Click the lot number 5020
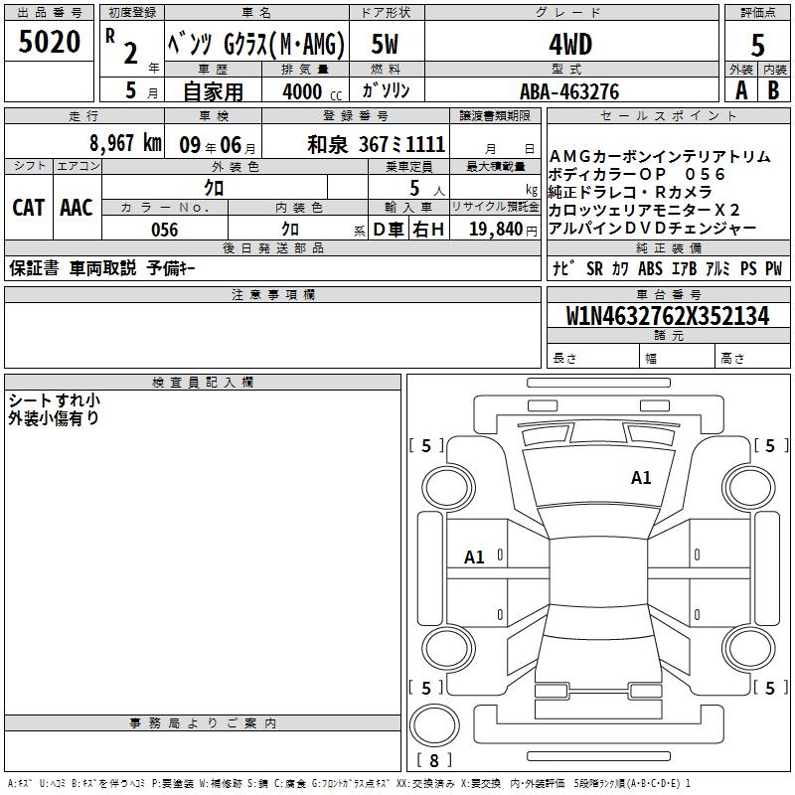[x=50, y=42]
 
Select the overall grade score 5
[x=757, y=45]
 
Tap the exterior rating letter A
[x=741, y=90]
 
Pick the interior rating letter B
[x=773, y=90]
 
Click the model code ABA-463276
[x=569, y=91]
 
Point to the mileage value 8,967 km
[x=125, y=143]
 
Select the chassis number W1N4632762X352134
[x=668, y=316]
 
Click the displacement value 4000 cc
[x=312, y=91]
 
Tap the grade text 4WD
[x=570, y=45]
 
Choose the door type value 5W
[x=385, y=44]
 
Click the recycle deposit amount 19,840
[x=496, y=229]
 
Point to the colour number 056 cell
[x=165, y=230]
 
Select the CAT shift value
[x=29, y=208]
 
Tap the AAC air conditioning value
[x=77, y=208]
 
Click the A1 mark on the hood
[x=641, y=478]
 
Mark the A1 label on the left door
[x=474, y=557]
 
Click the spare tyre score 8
[x=434, y=760]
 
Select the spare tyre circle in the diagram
[x=434, y=725]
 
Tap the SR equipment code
[x=594, y=268]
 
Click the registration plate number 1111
[x=425, y=144]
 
